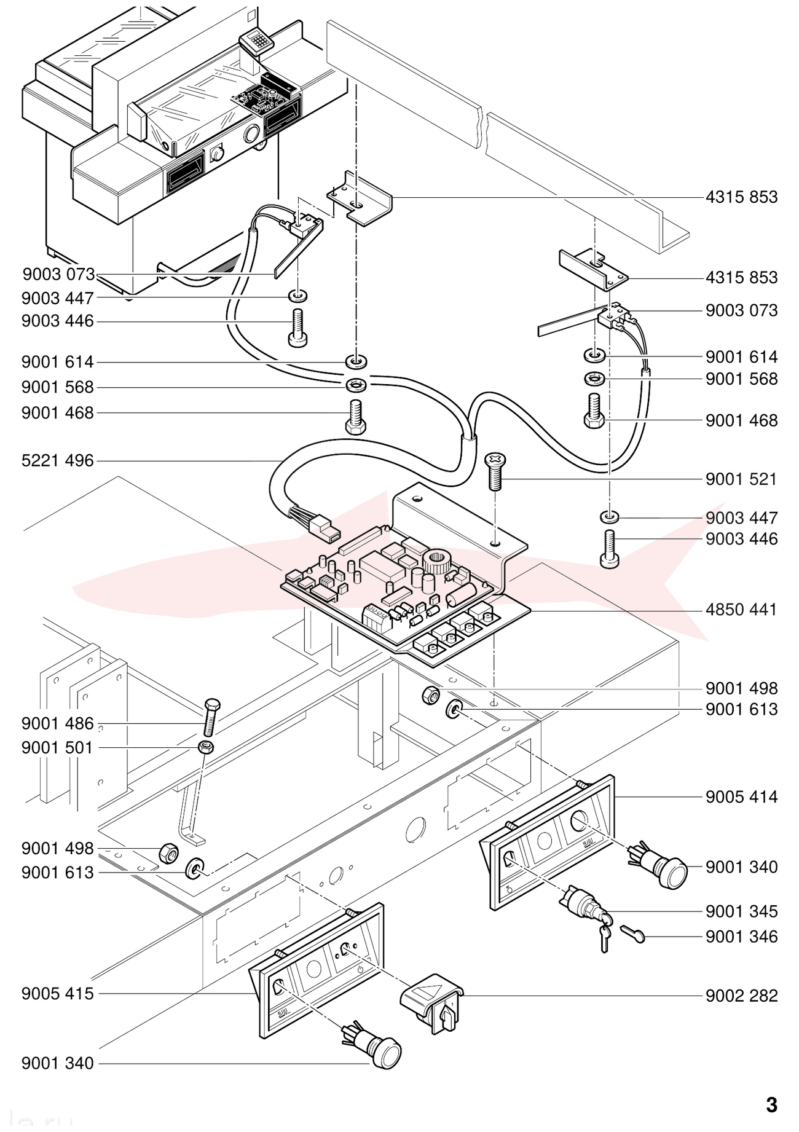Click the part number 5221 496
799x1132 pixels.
pos(58,460)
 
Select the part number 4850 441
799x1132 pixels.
pos(741,610)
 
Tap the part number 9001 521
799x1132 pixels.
pos(741,479)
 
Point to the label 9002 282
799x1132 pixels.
pos(741,996)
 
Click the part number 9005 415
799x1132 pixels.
pos(58,994)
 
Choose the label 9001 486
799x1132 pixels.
pos(58,723)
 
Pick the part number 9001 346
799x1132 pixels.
pos(741,937)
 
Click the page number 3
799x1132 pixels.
pos(771,1105)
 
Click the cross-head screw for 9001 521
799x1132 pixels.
pos(495,471)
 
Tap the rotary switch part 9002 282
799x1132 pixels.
pos(433,1004)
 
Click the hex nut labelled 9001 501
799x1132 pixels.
pos(206,747)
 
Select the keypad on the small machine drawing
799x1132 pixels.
pos(257,42)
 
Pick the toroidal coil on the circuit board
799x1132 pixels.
pos(436,562)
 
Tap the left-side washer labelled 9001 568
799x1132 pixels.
pos(356,386)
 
